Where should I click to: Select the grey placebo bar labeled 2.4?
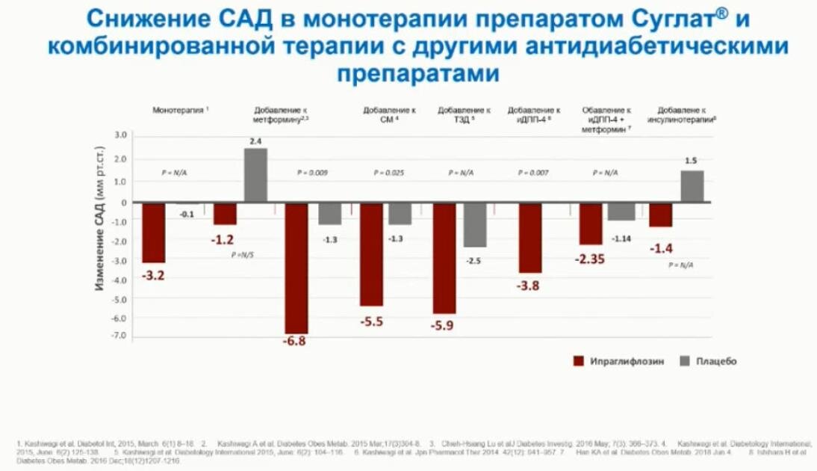(255, 175)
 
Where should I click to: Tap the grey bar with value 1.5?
(692, 186)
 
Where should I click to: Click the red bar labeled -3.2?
(154, 232)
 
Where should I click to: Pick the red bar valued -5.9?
(444, 257)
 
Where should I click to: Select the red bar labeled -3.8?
(530, 237)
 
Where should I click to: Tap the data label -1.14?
(622, 238)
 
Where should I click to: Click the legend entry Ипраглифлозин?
(615, 361)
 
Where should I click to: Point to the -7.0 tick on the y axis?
(119, 337)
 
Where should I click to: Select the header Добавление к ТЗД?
(463, 114)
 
